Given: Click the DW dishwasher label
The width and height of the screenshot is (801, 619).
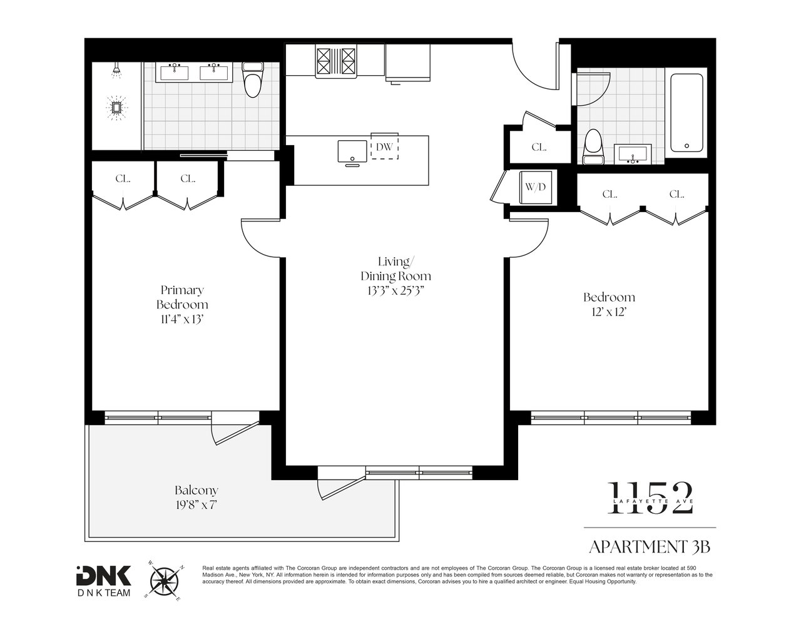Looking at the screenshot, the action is (x=384, y=146).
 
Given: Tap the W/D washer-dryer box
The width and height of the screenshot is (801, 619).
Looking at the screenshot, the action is (x=536, y=187).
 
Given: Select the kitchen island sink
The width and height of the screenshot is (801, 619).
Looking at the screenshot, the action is (x=352, y=151).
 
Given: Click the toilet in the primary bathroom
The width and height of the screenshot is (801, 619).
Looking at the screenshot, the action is (x=252, y=79).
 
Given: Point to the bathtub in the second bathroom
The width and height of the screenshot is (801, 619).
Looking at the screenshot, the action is (x=686, y=113).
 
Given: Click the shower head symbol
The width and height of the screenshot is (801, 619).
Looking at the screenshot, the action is (x=116, y=71).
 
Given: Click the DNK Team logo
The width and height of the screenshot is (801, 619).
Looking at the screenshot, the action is (x=104, y=581).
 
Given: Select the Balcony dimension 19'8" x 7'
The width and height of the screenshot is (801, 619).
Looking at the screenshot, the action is (x=196, y=504).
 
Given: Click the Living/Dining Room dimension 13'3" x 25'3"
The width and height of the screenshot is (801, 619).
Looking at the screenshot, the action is (x=395, y=291).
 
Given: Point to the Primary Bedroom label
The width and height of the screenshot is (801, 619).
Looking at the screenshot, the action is (x=182, y=297).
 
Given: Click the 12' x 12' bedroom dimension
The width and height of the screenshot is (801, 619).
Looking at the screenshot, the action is (x=609, y=312).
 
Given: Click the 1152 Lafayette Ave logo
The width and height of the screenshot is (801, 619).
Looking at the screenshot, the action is (x=650, y=498).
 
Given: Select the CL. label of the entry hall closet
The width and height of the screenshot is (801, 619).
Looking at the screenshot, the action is (x=539, y=148).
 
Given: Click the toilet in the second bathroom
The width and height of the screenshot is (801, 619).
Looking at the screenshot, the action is (x=593, y=146).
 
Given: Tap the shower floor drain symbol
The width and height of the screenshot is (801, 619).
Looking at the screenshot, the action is (x=116, y=108).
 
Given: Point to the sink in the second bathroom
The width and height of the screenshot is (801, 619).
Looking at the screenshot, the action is (x=633, y=154).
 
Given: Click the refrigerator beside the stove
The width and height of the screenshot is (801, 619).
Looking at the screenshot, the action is (x=408, y=63).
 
